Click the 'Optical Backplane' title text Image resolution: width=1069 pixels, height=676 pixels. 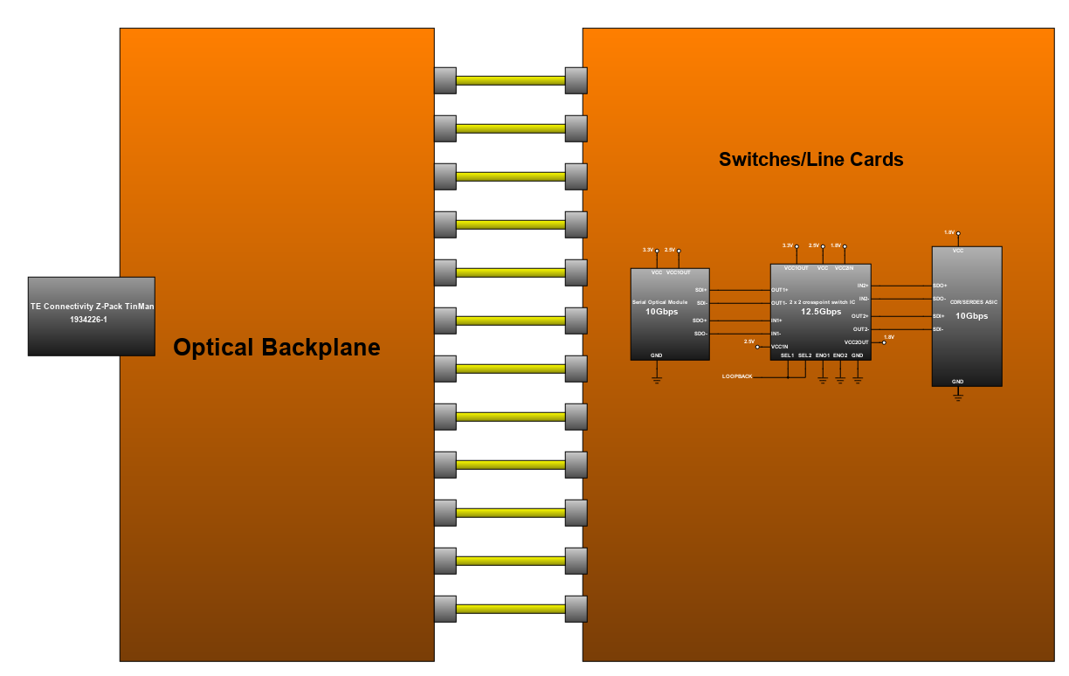tap(276, 348)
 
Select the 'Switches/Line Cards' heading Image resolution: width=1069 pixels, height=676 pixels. tap(810, 160)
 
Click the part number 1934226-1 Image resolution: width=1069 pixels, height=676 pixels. tap(88, 320)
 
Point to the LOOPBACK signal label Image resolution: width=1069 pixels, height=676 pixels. tap(737, 376)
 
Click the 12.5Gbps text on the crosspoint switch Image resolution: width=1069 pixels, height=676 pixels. tap(820, 312)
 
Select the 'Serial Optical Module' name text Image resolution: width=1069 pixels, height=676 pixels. tap(659, 302)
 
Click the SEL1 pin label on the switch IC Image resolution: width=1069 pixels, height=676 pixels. tap(787, 355)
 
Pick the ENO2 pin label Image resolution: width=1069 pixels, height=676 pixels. tap(840, 355)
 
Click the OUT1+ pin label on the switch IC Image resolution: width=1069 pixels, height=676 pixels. tap(780, 290)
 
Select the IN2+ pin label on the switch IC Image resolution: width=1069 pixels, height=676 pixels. tap(863, 286)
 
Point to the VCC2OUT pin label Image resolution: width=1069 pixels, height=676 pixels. tap(856, 342)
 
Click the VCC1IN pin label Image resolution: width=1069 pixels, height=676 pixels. tap(780, 347)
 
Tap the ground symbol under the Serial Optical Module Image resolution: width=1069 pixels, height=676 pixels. tap(656, 379)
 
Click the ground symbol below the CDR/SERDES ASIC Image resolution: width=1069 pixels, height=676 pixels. tap(957, 397)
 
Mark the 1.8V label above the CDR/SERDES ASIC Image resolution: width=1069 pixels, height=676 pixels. tap(949, 231)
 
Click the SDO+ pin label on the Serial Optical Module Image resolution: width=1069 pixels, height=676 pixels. tap(700, 321)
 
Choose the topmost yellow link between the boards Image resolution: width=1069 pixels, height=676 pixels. tap(510, 80)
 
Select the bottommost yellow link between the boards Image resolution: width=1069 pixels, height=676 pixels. tap(510, 609)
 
